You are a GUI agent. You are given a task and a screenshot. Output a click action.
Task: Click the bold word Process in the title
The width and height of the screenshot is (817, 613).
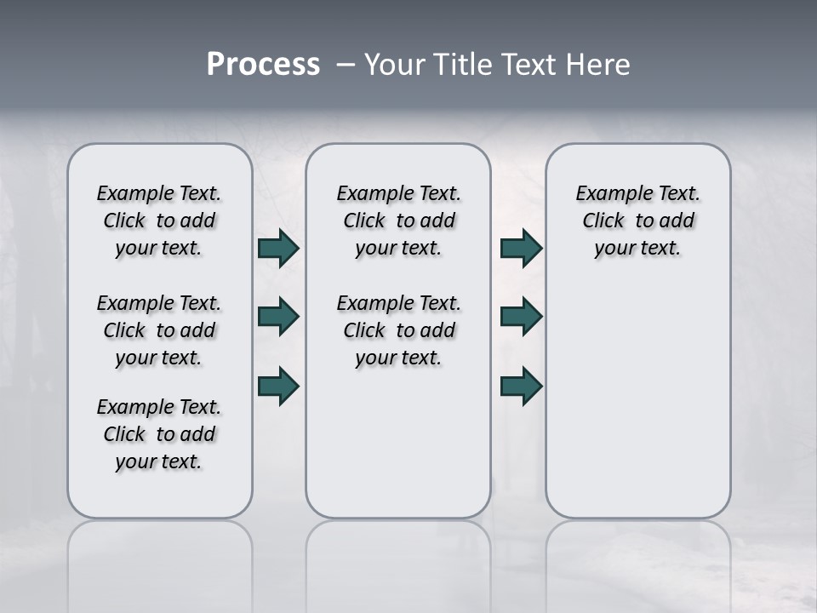(x=263, y=65)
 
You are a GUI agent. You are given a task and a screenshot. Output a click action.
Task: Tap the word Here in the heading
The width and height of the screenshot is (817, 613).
(x=599, y=65)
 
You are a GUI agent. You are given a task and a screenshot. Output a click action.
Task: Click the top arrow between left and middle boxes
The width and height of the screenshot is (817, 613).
(x=278, y=249)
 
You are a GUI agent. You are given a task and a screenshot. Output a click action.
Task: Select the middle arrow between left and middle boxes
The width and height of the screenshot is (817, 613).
(x=278, y=317)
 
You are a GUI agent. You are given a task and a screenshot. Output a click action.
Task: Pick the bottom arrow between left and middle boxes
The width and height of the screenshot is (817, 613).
(x=278, y=386)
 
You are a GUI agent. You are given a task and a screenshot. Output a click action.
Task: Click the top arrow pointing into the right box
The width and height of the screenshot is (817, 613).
(x=521, y=249)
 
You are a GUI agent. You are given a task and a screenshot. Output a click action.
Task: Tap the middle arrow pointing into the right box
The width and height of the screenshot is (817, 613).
(x=521, y=317)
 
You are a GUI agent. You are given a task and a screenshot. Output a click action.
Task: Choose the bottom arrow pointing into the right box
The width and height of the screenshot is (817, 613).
(x=521, y=386)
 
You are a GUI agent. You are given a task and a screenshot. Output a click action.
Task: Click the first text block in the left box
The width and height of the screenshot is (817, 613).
(x=159, y=221)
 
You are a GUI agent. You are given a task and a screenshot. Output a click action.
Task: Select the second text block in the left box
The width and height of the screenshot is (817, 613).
(x=159, y=330)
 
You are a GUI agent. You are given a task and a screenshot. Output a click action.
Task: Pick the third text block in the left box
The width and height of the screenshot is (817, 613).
(x=159, y=434)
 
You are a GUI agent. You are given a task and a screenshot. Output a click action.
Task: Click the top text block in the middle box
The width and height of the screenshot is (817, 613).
(x=398, y=221)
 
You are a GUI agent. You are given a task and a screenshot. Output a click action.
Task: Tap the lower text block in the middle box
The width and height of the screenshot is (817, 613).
(x=398, y=330)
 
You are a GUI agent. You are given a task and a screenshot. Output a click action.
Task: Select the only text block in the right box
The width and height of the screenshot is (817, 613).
(x=637, y=221)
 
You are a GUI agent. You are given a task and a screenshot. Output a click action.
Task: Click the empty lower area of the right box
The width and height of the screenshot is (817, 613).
(x=637, y=400)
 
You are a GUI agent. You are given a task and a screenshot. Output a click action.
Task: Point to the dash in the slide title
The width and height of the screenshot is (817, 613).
(x=346, y=65)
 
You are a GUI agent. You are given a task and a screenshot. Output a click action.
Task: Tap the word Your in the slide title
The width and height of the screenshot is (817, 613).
(x=394, y=65)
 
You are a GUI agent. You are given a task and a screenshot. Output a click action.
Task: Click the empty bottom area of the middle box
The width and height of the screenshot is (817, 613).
(x=398, y=451)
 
